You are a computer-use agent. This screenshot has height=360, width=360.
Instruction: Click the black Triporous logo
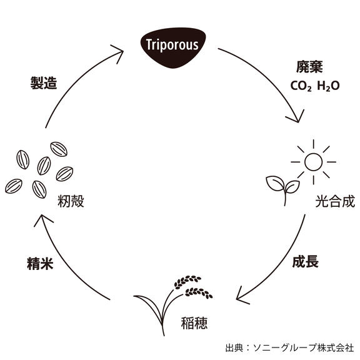tap(173, 47)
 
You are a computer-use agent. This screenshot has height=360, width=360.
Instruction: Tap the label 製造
tap(44, 83)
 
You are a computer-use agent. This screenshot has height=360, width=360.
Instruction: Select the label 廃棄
tap(309, 67)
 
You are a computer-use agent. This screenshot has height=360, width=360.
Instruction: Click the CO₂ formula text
tap(301, 86)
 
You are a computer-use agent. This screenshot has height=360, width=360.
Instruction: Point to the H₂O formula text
tap(328, 86)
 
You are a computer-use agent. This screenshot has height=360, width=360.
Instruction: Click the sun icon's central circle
tap(313, 162)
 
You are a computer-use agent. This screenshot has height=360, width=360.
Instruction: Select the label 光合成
tap(335, 202)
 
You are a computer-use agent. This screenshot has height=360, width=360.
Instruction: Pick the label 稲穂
tap(194, 323)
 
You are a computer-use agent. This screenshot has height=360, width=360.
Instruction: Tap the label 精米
tap(40, 263)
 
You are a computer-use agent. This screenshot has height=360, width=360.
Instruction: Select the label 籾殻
tap(71, 201)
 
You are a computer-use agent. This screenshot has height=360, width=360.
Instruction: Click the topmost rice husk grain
tap(59, 149)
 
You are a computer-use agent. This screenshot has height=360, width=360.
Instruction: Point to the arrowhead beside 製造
tap(117, 54)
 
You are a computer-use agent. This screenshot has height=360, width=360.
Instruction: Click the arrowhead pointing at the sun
tap(296, 116)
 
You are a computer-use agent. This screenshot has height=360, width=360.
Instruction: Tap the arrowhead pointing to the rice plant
tap(242, 296)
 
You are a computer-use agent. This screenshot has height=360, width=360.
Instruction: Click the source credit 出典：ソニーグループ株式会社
tap(289, 348)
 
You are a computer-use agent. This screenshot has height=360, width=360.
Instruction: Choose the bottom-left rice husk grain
tap(14, 186)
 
